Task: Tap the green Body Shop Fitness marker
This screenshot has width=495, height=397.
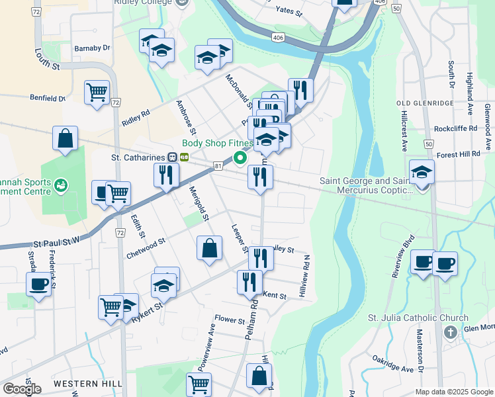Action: [240, 157]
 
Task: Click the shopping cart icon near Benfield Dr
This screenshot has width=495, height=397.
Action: [97, 92]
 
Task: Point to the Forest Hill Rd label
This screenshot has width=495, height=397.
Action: [458, 154]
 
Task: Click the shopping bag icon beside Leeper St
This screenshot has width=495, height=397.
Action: [209, 249]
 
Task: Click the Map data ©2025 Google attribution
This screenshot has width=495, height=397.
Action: [453, 392]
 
